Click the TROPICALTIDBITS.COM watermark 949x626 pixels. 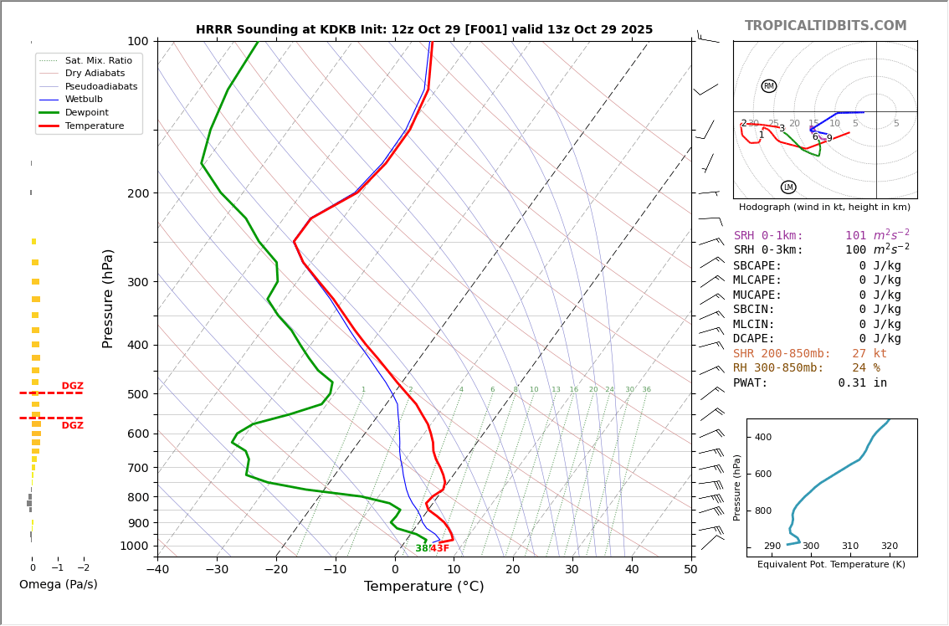pyautogui.click(x=825, y=26)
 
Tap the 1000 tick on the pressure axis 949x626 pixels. pyautogui.click(x=135, y=546)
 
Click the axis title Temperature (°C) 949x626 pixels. pyautogui.click(x=423, y=587)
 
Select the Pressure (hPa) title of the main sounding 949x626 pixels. pyautogui.click(x=109, y=298)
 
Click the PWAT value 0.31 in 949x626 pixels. pyautogui.click(x=862, y=383)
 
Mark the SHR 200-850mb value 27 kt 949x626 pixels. pyautogui.click(x=869, y=354)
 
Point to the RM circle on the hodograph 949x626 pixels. pyautogui.click(x=768, y=86)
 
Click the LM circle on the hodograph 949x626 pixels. pyautogui.click(x=788, y=187)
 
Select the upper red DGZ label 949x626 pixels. pyautogui.click(x=72, y=387)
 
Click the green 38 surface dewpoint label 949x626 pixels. pyautogui.click(x=421, y=549)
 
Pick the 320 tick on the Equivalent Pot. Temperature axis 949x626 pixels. pyautogui.click(x=889, y=546)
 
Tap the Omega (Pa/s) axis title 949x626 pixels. pyautogui.click(x=58, y=585)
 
